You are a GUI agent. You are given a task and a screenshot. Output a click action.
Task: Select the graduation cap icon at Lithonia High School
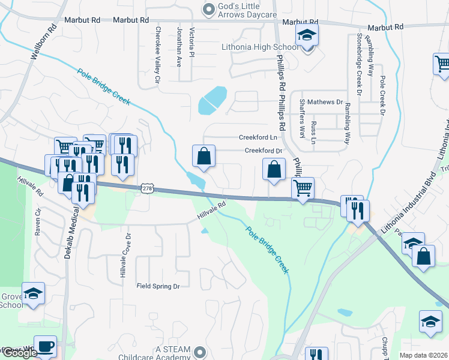(x=307, y=36)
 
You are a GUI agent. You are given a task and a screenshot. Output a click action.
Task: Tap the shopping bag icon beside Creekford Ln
(x=204, y=156)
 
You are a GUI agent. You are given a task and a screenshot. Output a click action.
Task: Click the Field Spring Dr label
(x=158, y=287)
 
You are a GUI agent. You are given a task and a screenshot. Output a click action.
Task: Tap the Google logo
(x=19, y=353)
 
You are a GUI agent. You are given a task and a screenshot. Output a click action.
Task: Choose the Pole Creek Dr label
(x=381, y=95)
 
